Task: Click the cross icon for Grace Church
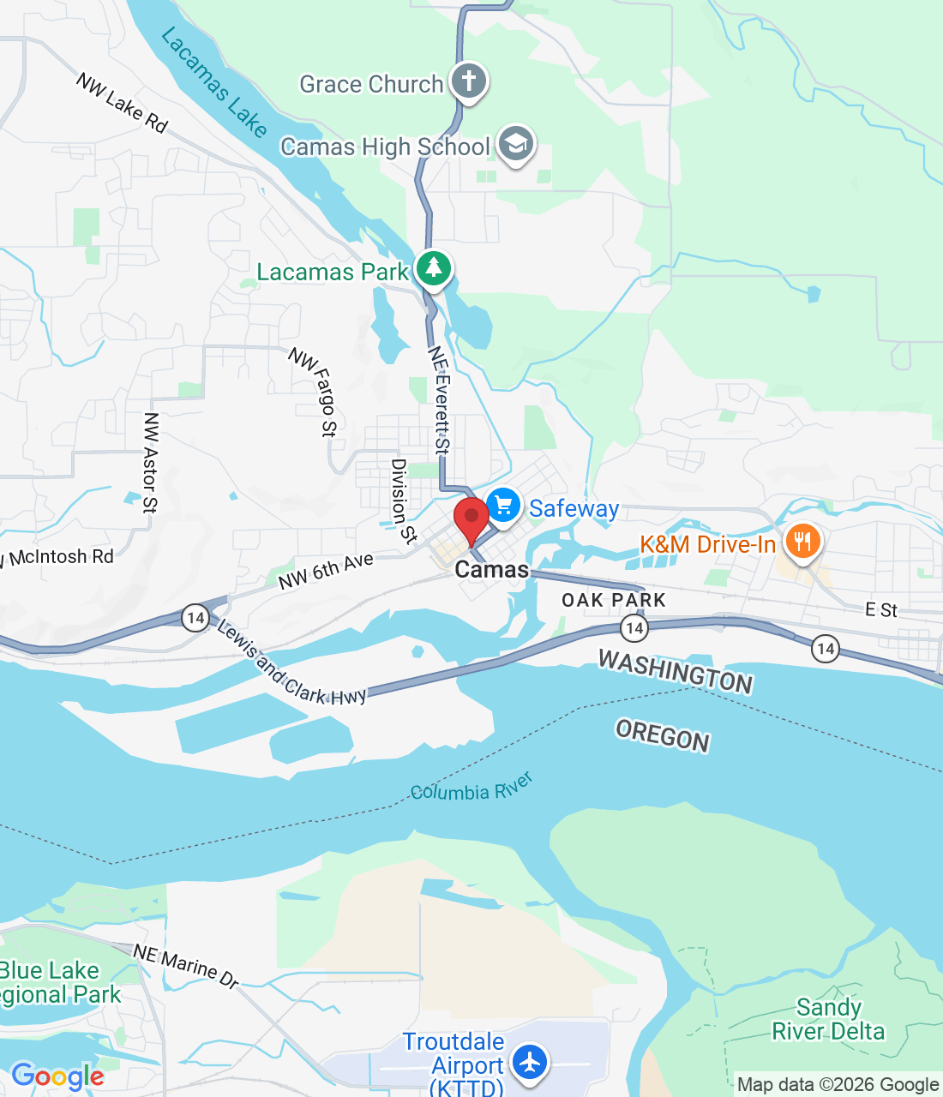468,82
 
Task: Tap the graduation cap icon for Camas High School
515,145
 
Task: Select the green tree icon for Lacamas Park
434,269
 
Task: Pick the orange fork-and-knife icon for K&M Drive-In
802,542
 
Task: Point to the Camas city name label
491,570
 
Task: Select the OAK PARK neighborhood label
614,600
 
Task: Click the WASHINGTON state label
676,671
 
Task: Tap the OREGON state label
663,736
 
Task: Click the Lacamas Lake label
214,82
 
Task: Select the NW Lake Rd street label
122,103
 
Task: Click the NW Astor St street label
151,463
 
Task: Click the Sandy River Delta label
828,1019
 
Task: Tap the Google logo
57,1076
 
